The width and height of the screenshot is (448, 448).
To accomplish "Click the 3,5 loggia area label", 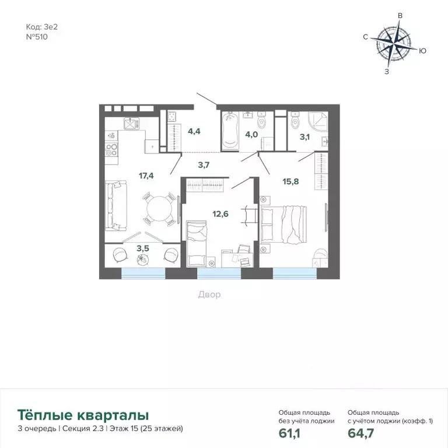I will coord(142,249).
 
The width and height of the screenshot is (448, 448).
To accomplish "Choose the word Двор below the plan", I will coord(209,295).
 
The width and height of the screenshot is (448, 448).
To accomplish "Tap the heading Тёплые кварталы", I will coord(83,415).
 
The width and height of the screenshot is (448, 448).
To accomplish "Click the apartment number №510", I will coord(37,36).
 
